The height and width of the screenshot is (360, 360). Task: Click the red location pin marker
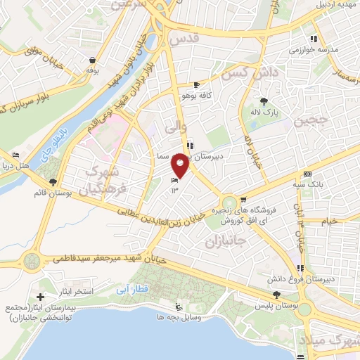pyautogui.click(x=180, y=165)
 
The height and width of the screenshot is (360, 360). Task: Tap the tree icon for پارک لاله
pyautogui.click(x=265, y=101)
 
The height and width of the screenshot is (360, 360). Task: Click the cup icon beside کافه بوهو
pyautogui.click(x=186, y=84)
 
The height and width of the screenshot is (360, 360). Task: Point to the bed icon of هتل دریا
pyautogui.click(x=16, y=155)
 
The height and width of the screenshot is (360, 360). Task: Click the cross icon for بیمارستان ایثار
pyautogui.click(x=39, y=300)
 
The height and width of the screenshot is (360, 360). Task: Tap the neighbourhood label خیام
pyautogui.click(x=330, y=221)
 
